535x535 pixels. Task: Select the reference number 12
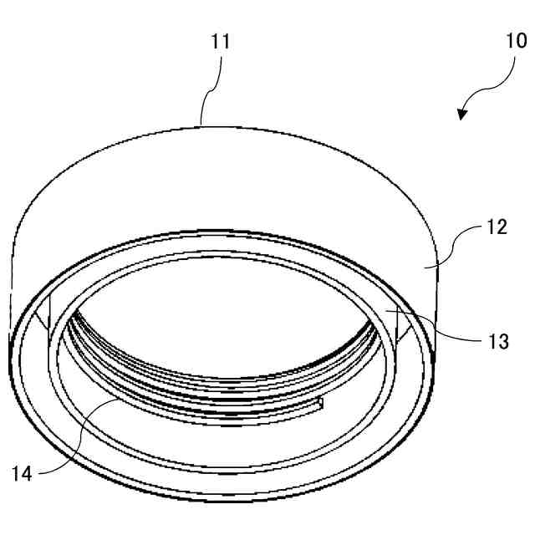(x=497, y=227)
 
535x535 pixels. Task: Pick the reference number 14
(x=23, y=473)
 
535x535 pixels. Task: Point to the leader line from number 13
(x=435, y=325)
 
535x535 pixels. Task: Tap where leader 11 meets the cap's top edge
(x=203, y=125)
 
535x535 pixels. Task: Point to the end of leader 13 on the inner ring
(x=386, y=309)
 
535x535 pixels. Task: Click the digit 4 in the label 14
(x=28, y=473)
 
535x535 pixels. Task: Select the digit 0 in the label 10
(x=521, y=41)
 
